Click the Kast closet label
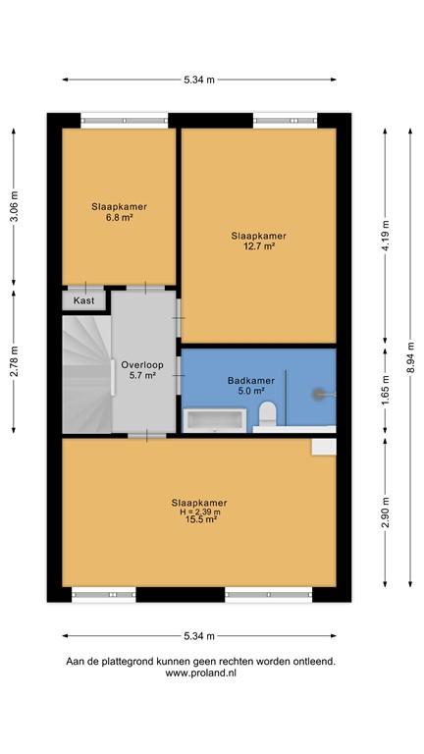tap(84, 301)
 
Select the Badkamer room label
tap(244, 380)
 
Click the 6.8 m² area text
tap(120, 218)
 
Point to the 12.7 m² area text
tap(259, 246)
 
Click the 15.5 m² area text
tap(201, 519)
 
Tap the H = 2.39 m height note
tap(201, 512)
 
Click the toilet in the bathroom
tap(266, 414)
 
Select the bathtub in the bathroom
tap(217, 421)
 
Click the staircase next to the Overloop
tap(86, 373)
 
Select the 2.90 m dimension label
tap(386, 516)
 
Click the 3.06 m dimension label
tap(14, 206)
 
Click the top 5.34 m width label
tap(200, 81)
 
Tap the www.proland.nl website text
tap(200, 673)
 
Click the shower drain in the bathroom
tap(318, 393)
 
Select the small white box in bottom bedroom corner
tap(323, 447)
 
